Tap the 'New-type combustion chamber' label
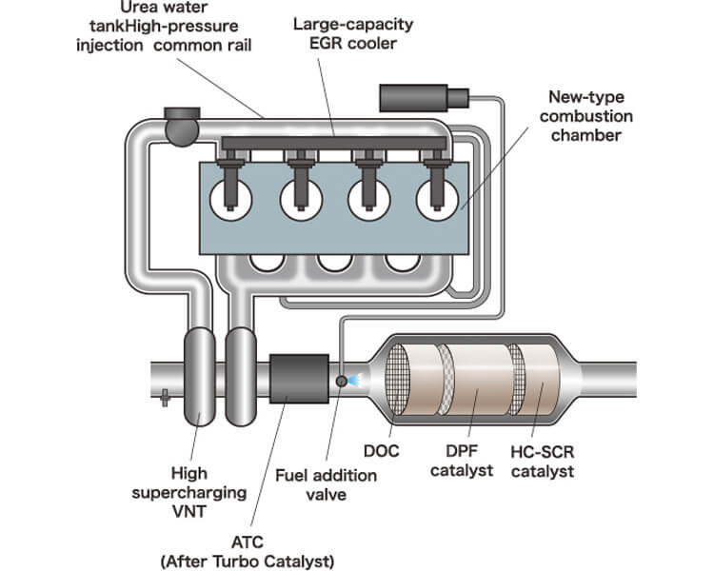tap(585, 116)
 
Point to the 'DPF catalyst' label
tap(462, 461)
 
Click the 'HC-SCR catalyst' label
tap(546, 461)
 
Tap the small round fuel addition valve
tap(341, 382)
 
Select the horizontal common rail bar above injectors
tap(333, 144)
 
